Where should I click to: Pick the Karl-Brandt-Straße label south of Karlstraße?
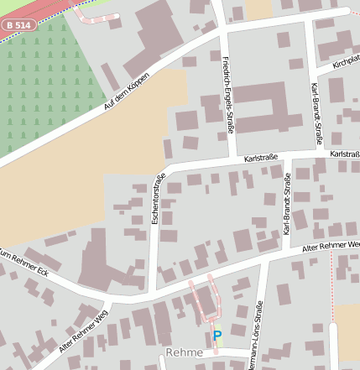click(x=287, y=202)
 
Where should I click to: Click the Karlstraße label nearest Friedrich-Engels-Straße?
click(x=260, y=157)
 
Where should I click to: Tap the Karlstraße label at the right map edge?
click(x=344, y=154)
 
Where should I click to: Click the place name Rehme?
click(x=184, y=353)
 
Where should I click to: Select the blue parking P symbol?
click(x=217, y=336)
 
